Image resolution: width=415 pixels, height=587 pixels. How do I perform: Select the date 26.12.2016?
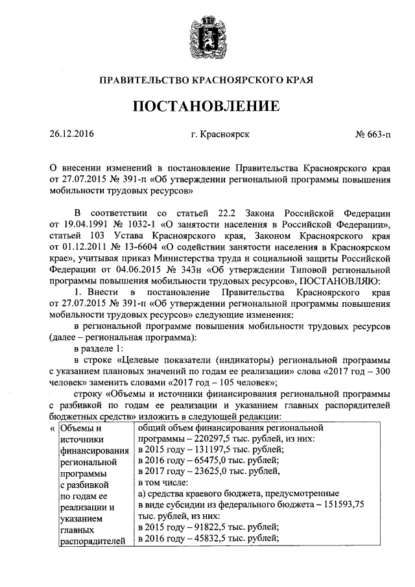(x=71, y=135)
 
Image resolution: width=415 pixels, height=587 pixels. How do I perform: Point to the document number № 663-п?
(x=373, y=135)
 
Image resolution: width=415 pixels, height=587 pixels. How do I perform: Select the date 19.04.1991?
(x=85, y=224)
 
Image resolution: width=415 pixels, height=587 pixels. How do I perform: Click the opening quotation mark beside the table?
(x=53, y=429)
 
